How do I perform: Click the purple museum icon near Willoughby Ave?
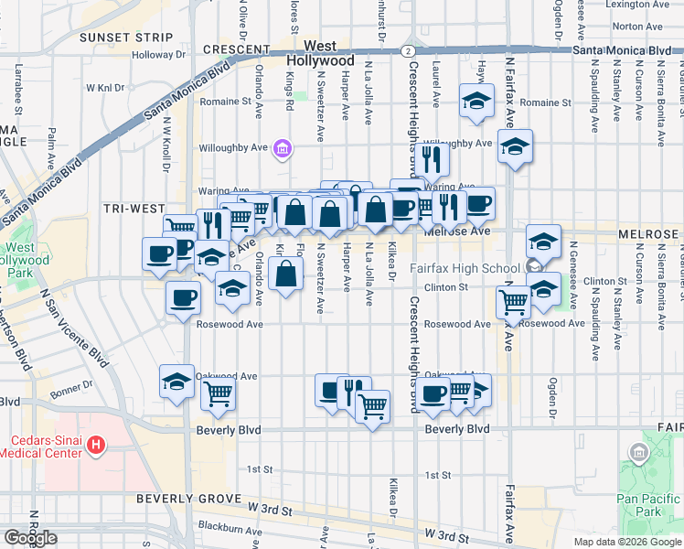pyautogui.click(x=282, y=148)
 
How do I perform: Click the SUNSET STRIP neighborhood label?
pyautogui.click(x=125, y=38)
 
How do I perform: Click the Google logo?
pyautogui.click(x=30, y=538)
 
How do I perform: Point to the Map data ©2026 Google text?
pyautogui.click(x=626, y=542)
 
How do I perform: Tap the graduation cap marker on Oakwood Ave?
pyautogui.click(x=177, y=382)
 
